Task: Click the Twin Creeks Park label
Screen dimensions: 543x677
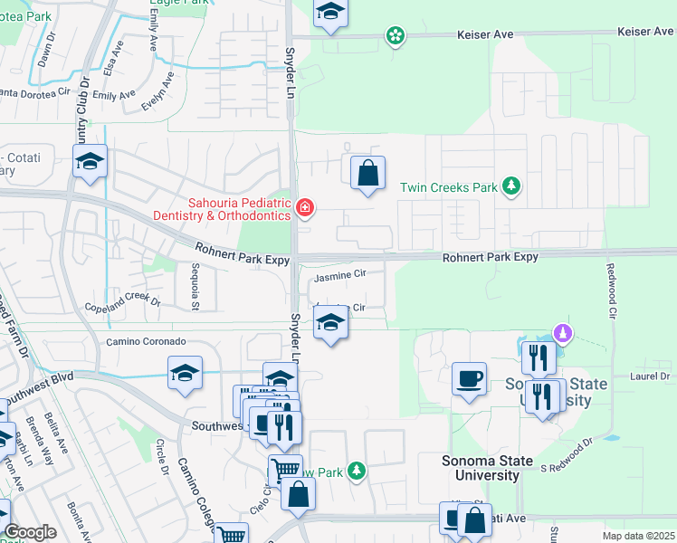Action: pos(449,188)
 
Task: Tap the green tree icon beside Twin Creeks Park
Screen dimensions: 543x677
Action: pos(512,186)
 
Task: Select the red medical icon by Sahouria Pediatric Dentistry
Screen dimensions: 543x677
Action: pos(305,210)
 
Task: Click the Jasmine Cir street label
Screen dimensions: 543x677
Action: pos(339,273)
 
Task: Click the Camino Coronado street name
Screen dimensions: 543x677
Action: pos(146,342)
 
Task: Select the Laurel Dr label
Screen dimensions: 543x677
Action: pos(650,375)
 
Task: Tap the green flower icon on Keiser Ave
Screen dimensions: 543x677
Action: pos(395,35)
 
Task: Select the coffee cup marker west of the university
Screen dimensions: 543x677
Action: pos(469,378)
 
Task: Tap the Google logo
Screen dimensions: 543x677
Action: pos(30,532)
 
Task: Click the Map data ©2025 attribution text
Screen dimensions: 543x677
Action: pos(637,537)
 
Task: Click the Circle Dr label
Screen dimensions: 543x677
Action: pos(160,457)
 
